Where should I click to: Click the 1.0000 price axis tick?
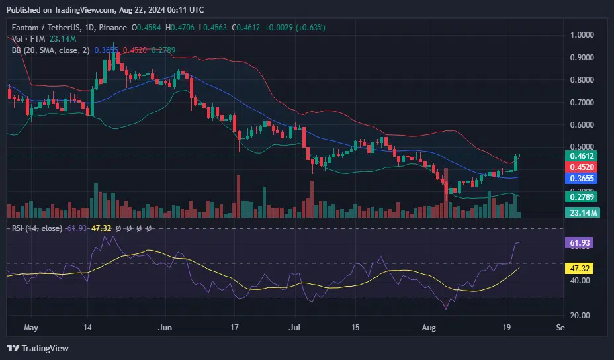[583, 34]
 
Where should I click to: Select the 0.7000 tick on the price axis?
[583, 103]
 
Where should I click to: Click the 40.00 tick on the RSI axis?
[581, 281]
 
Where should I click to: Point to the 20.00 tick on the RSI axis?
[581, 316]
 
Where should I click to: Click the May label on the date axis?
[28, 327]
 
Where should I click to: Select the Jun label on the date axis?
[166, 327]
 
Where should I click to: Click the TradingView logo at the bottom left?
[38, 348]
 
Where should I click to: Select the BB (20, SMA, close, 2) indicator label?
[48, 50]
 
